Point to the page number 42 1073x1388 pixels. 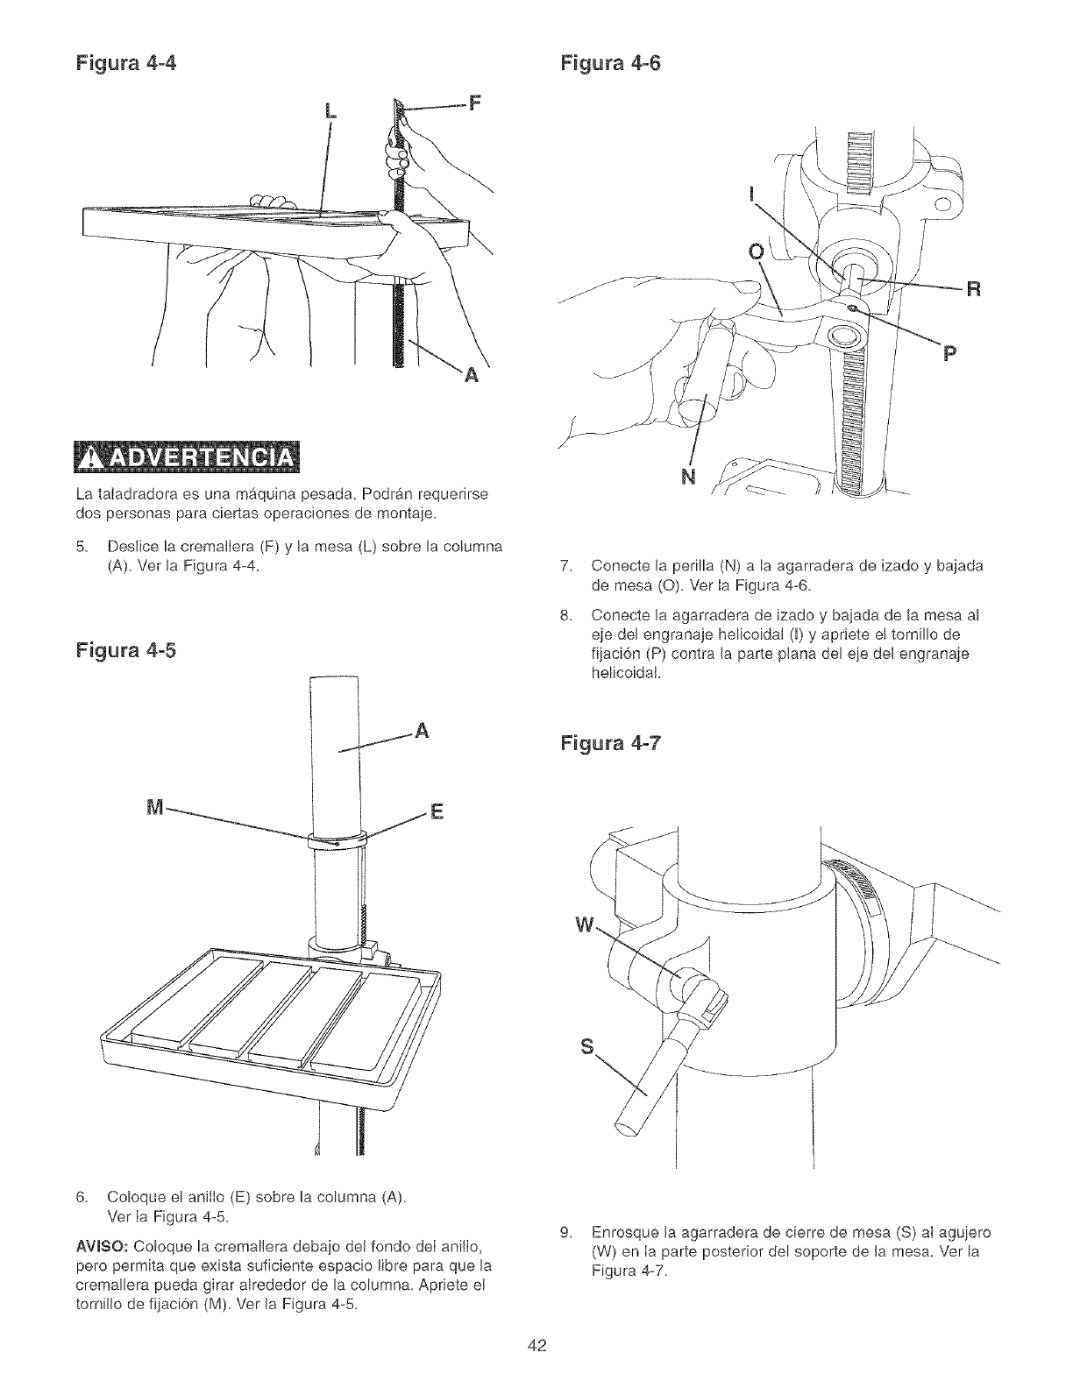click(536, 1346)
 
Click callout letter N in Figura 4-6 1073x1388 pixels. click(690, 477)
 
